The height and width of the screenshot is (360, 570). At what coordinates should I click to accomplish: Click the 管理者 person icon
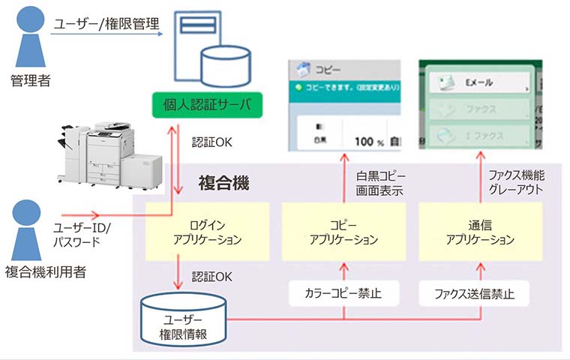click(x=28, y=37)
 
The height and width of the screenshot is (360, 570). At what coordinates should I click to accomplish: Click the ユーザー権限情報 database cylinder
click(x=184, y=319)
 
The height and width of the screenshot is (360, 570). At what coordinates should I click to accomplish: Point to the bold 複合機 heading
click(x=223, y=181)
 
